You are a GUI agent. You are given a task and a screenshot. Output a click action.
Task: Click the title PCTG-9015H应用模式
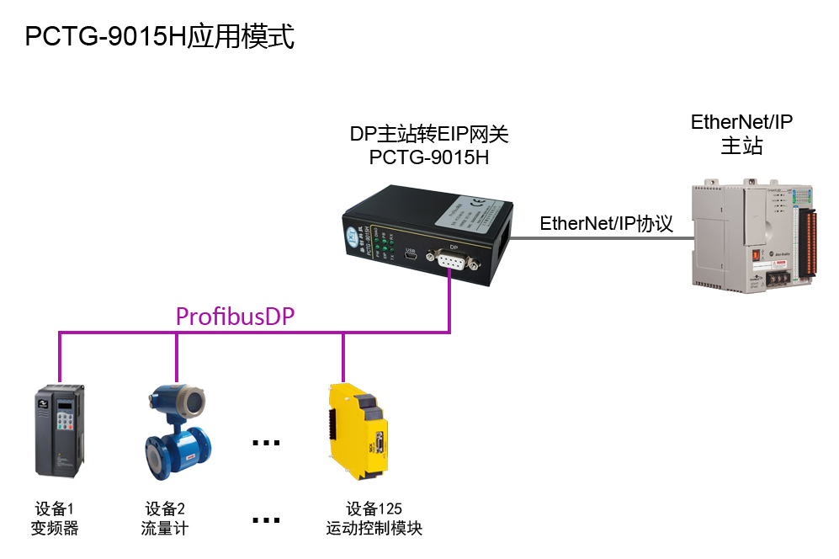[160, 38]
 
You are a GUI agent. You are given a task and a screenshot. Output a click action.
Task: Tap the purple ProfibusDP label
[235, 317]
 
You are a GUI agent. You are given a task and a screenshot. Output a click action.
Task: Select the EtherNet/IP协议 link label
[606, 224]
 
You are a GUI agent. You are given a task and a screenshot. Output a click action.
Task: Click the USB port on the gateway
[412, 261]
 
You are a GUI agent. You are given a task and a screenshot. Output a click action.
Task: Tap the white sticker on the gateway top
[469, 215]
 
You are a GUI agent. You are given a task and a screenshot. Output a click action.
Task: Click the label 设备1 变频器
[55, 519]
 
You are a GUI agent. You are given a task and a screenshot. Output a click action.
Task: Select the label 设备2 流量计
[165, 519]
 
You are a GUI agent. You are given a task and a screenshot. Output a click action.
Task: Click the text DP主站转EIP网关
[429, 135]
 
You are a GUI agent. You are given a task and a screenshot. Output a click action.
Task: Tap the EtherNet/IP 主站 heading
[741, 133]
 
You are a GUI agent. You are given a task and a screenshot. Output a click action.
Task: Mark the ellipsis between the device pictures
[266, 442]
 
